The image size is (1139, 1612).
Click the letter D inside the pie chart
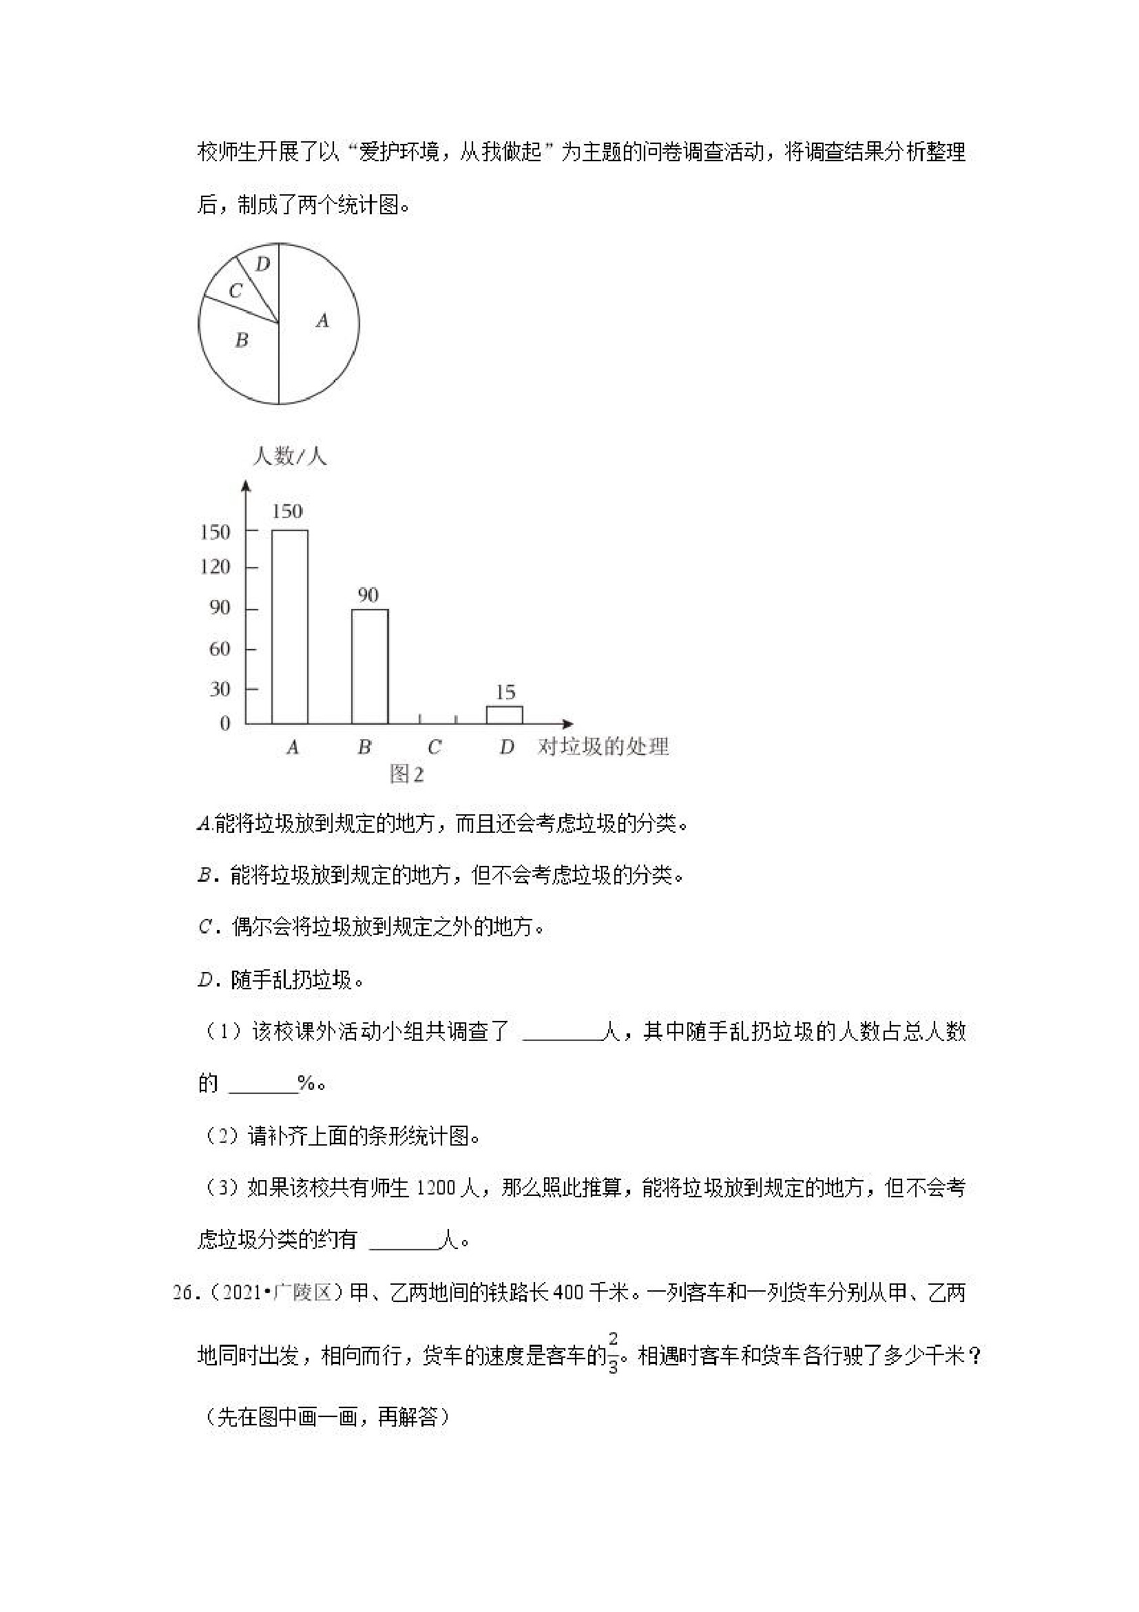pos(262,265)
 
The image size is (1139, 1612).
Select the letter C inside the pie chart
pos(236,291)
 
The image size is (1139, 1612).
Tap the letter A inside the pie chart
pos(322,321)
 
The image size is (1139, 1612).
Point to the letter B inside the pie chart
pos(242,340)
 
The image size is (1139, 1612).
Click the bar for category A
pos(289,626)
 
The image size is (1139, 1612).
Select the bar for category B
pos(369,666)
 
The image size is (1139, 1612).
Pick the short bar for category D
pos(505,715)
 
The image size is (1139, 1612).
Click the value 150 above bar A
pos(287,511)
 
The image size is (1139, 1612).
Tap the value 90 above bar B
pos(368,595)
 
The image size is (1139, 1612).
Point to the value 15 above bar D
pos(505,692)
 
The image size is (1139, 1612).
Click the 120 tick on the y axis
pos(215,566)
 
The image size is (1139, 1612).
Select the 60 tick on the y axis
pos(220,648)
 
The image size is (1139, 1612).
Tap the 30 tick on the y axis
pos(220,689)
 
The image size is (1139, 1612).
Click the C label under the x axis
pos(435,747)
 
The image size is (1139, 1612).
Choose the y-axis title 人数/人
pos(289,457)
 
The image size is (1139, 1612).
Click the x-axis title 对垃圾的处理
pos(603,746)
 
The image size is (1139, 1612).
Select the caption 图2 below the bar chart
pos(407,774)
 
